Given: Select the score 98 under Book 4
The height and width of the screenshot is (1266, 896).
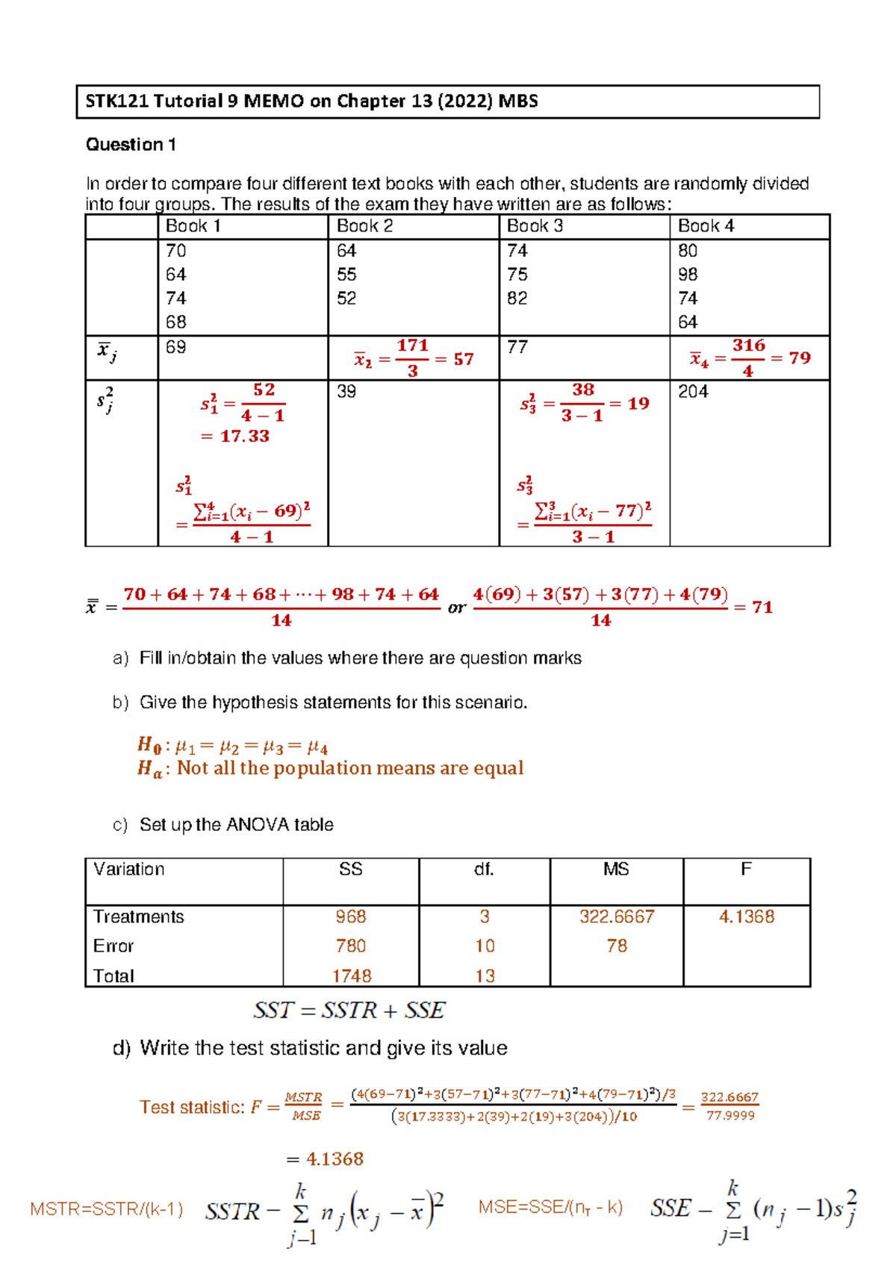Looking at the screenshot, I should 688,275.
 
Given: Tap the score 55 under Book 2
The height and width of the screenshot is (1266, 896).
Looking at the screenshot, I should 346,275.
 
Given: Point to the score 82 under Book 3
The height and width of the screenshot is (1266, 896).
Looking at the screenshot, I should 517,299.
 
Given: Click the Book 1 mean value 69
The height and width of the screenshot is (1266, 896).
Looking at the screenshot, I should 175,347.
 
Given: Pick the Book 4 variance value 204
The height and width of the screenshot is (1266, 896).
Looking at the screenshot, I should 693,392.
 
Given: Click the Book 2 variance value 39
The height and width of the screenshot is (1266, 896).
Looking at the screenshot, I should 346,392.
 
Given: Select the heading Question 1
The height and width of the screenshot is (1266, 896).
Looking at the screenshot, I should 131,145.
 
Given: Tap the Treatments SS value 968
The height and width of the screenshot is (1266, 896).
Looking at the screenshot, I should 350,917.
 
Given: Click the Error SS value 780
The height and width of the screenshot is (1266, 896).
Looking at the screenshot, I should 350,947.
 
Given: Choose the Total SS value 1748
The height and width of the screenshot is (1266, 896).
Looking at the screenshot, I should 352,976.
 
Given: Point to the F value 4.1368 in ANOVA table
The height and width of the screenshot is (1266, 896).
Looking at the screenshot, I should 746,917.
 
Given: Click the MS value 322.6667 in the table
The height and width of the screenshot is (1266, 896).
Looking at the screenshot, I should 617,917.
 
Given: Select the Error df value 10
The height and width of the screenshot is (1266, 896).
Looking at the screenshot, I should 485,947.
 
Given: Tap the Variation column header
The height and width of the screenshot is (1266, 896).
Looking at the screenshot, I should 128,870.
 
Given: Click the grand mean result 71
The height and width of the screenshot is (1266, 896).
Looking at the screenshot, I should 762,608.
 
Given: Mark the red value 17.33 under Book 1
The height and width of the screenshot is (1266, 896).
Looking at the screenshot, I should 244,437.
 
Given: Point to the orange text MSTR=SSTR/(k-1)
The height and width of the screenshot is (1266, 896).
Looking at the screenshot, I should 107,1209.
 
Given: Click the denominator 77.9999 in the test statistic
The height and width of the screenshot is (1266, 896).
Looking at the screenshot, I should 730,1116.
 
